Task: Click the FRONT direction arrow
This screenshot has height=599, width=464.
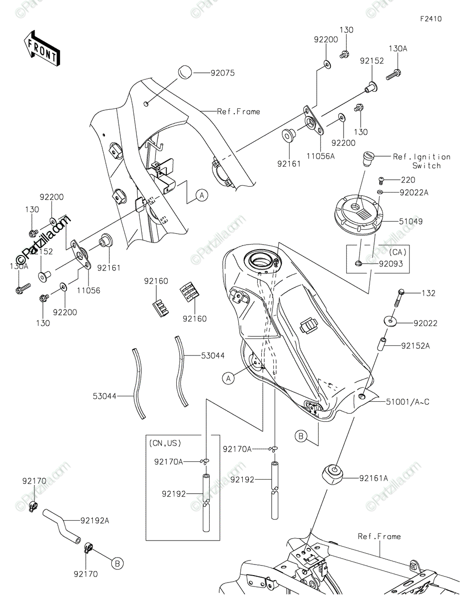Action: pyautogui.click(x=41, y=49)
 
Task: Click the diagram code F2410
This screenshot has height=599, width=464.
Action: pyautogui.click(x=431, y=19)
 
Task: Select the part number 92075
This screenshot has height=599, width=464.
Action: pyautogui.click(x=222, y=73)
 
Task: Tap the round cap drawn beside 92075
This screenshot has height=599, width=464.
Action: pyautogui.click(x=184, y=72)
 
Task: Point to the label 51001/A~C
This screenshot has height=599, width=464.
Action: pyautogui.click(x=407, y=402)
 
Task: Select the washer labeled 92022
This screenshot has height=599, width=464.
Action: pyautogui.click(x=390, y=321)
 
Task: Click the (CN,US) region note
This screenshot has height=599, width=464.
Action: pyautogui.click(x=165, y=443)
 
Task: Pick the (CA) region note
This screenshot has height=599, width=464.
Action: pyautogui.click(x=397, y=252)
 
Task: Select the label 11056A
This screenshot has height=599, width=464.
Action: pyautogui.click(x=321, y=156)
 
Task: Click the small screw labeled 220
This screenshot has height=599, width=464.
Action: pyautogui.click(x=381, y=181)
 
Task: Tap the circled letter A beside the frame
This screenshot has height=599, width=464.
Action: pyautogui.click(x=202, y=196)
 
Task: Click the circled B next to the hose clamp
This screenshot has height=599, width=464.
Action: pyautogui.click(x=117, y=564)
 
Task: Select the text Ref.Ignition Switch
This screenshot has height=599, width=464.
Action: pyautogui.click(x=422, y=161)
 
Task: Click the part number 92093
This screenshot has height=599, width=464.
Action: pyautogui.click(x=391, y=264)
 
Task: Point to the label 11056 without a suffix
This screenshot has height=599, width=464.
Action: pyautogui.click(x=88, y=291)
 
